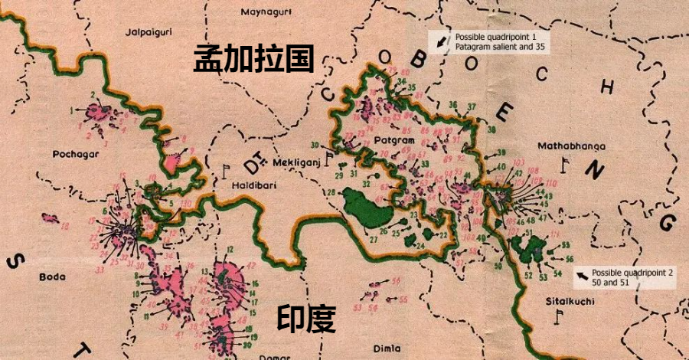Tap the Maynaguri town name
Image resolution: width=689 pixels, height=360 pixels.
coord(263,12)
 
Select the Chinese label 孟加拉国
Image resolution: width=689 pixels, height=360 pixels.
coord(253,57)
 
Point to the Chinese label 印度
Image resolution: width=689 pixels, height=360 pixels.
coord(305,319)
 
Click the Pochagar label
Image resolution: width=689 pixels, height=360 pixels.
coord(73,153)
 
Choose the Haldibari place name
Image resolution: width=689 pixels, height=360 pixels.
coord(253,185)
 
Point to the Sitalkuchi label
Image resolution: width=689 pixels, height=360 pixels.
coord(569,300)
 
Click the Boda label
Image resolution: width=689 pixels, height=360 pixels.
coord(51,277)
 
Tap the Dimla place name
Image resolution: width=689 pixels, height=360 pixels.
coord(387,347)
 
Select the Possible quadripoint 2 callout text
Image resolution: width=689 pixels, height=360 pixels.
coord(632,277)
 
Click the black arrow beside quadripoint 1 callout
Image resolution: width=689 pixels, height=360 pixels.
coord(441,41)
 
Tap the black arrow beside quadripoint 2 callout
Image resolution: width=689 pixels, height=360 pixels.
coord(583,274)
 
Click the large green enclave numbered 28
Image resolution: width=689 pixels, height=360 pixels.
coord(364,205)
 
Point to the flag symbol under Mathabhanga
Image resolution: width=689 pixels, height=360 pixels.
coord(566,163)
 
